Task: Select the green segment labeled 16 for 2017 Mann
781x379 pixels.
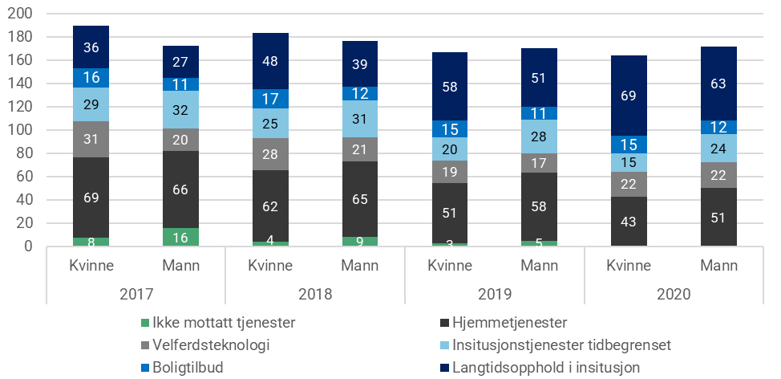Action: click(181, 237)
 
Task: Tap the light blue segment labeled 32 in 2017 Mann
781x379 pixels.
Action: click(181, 109)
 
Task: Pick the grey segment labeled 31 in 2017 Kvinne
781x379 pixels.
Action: click(91, 139)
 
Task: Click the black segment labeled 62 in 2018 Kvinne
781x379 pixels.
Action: click(271, 206)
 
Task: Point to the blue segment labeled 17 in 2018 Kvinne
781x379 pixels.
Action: click(271, 99)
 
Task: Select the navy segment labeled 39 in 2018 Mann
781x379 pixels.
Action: click(361, 63)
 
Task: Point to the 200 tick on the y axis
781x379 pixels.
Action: click(21, 14)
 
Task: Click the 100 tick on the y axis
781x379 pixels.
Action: click(21, 130)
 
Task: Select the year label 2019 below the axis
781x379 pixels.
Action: click(496, 295)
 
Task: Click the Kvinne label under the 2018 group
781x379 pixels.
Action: click(271, 264)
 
